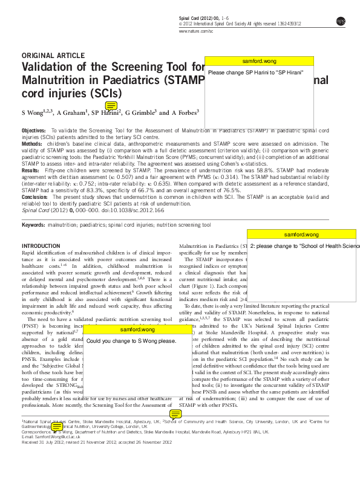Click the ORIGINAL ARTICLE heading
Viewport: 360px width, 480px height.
pos(55,54)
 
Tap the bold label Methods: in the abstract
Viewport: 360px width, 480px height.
pos(31,143)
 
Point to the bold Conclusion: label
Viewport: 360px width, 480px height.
pos(35,197)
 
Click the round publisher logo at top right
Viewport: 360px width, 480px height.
pos(341,21)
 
